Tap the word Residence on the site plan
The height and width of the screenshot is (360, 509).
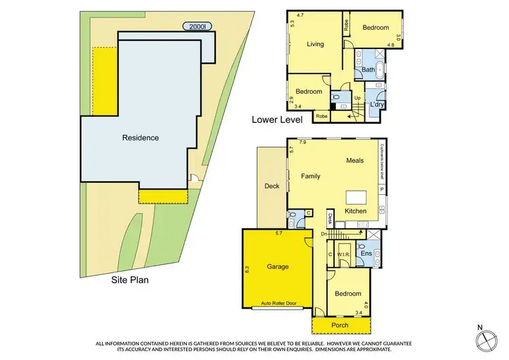[x=140, y=138]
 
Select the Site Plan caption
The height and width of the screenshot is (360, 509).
[x=130, y=278]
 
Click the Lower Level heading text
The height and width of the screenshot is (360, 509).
[x=277, y=120]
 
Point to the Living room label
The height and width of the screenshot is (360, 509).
[x=315, y=45]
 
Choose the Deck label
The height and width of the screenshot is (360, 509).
[x=272, y=185]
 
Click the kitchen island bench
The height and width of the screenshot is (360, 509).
[x=358, y=198]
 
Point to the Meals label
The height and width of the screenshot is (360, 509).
[x=355, y=161]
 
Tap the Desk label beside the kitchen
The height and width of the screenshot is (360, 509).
[x=331, y=219]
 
